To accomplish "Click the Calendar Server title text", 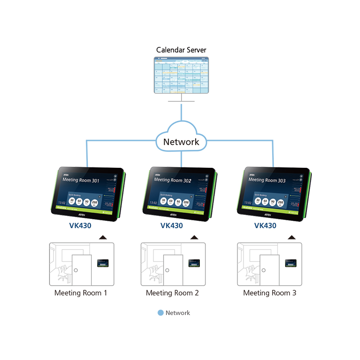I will click(181, 50).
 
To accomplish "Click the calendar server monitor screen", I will click(181, 75).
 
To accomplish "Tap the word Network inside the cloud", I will click(181, 142).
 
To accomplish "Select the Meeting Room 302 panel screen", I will click(179, 190).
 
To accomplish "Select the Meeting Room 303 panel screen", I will click(273, 190).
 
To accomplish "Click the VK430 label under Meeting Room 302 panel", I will click(171, 225).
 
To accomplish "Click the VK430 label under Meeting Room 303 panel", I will click(265, 225).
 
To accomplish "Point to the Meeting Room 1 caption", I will click(81, 293).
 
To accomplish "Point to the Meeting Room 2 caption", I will click(172, 293).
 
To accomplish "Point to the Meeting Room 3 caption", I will click(270, 293).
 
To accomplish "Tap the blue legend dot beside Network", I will click(161, 313).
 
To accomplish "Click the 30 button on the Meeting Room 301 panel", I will click(72, 201).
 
